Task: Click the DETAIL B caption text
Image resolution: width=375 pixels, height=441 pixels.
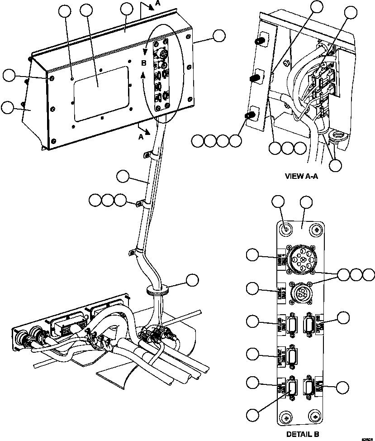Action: click(x=303, y=434)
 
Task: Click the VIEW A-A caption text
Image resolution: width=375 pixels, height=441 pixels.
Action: click(x=301, y=177)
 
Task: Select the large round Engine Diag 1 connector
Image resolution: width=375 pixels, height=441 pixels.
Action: click(x=298, y=260)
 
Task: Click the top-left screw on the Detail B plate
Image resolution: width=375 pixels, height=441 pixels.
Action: click(x=285, y=230)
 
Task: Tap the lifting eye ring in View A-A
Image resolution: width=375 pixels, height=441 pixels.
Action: click(x=337, y=136)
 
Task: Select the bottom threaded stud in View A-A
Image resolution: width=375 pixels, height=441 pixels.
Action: click(x=248, y=115)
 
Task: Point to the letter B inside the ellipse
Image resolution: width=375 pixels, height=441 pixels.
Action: click(x=143, y=62)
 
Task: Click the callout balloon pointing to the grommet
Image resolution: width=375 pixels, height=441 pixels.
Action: click(x=193, y=279)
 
